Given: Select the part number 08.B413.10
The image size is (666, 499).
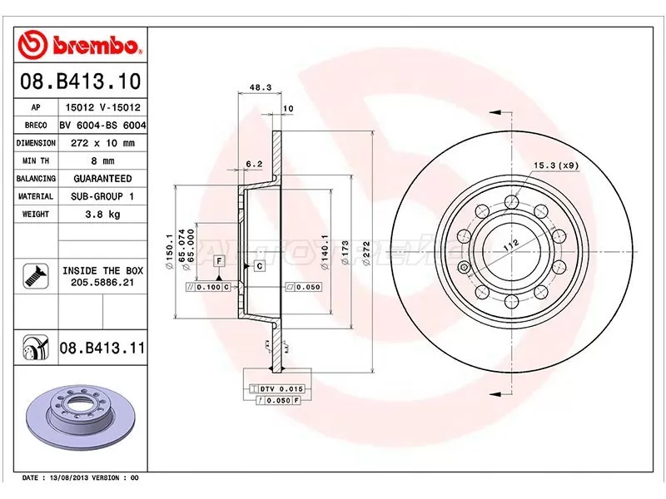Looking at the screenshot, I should (x=79, y=82).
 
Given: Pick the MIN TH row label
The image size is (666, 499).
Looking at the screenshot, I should (x=36, y=161).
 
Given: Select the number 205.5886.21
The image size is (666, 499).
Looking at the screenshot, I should (x=100, y=283).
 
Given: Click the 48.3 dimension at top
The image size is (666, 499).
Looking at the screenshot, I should (x=261, y=87).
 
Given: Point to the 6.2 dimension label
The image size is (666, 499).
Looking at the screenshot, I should (x=254, y=164).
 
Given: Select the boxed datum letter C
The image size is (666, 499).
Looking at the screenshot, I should (x=259, y=266).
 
